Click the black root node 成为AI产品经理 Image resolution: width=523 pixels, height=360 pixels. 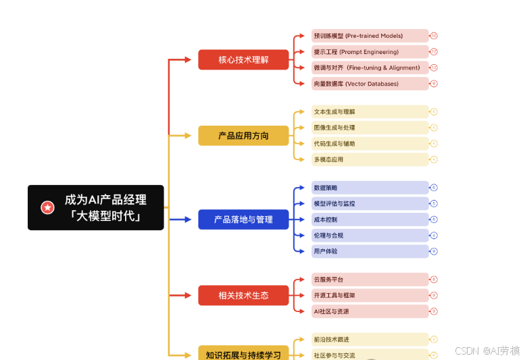(96, 207)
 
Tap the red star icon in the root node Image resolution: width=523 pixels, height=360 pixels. (47, 207)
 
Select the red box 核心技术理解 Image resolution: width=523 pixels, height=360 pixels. (243, 59)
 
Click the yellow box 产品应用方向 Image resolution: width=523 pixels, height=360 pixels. (243, 136)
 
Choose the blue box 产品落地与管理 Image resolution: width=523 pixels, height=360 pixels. (243, 220)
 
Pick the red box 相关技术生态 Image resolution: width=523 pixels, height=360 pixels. (243, 295)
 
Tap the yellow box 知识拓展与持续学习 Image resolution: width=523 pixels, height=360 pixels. (243, 353)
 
